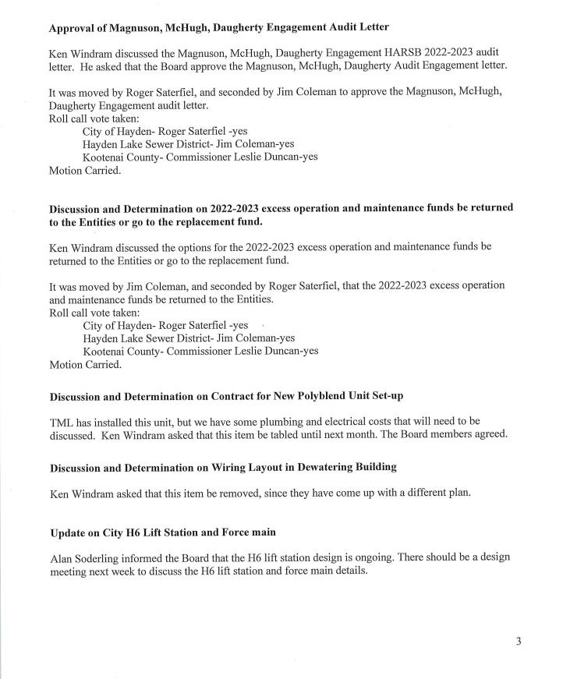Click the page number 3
click(x=518, y=642)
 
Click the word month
click(x=366, y=435)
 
